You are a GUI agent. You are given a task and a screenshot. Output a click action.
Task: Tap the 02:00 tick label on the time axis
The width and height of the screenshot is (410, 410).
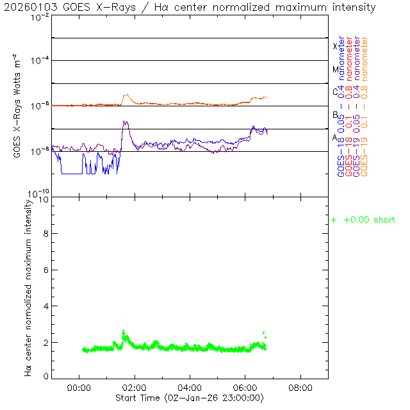(x=134, y=388)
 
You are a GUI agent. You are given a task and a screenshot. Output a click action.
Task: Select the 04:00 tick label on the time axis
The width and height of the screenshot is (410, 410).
(x=190, y=388)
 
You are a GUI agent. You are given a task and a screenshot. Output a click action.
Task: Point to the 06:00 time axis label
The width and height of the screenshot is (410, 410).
(x=245, y=388)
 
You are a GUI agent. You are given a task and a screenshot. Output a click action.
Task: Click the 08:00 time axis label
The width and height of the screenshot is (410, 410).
(x=300, y=388)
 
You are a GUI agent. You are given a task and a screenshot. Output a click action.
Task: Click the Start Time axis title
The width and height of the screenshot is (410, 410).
(x=190, y=398)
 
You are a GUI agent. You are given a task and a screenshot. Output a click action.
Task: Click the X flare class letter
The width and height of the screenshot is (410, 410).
(x=335, y=46)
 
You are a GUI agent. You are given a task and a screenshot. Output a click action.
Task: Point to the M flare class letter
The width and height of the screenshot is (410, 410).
(x=335, y=69)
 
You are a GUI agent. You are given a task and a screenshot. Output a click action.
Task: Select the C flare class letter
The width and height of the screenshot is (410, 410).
(x=335, y=92)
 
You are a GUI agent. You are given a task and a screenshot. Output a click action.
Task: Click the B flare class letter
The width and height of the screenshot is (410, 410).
(x=335, y=115)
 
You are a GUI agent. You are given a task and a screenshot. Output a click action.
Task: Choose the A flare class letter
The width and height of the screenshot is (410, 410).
(x=335, y=137)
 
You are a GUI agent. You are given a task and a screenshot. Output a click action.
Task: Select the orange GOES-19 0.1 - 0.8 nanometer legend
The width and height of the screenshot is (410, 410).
(x=365, y=106)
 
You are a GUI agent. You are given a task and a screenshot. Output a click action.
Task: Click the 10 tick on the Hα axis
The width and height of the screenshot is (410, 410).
(x=43, y=199)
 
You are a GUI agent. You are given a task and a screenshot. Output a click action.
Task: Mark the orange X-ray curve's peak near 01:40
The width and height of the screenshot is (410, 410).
(x=126, y=95)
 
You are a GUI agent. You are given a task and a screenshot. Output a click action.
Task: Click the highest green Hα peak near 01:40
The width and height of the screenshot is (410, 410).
(x=124, y=331)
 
